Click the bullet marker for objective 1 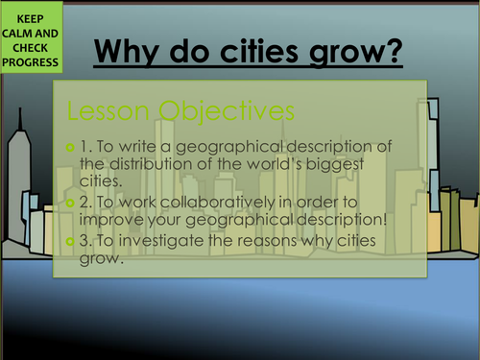point(71,146)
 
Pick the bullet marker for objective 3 point(71,236)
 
